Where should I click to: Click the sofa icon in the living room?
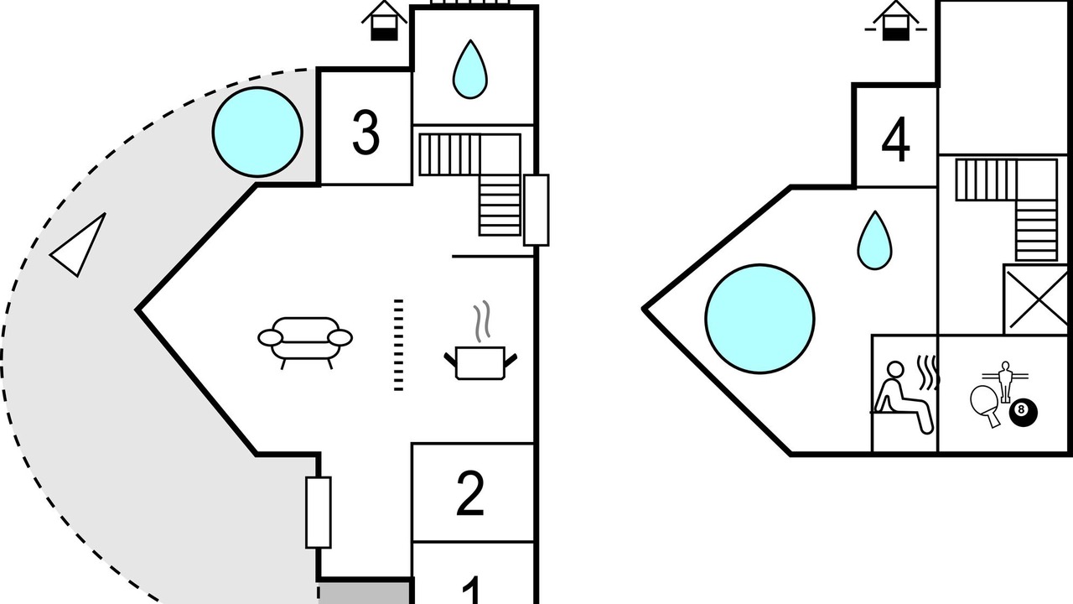pyautogui.click(x=305, y=342)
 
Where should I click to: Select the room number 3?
pyautogui.click(x=365, y=133)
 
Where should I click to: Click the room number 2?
pyautogui.click(x=470, y=493)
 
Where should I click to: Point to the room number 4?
pyautogui.click(x=895, y=139)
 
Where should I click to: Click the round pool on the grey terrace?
pyautogui.click(x=257, y=132)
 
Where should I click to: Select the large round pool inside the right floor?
pyautogui.click(x=759, y=318)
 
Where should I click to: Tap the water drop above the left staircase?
pyautogui.click(x=470, y=70)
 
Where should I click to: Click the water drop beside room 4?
pyautogui.click(x=874, y=240)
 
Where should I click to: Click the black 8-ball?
pyautogui.click(x=1024, y=412)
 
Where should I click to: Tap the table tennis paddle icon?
pyautogui.click(x=986, y=406)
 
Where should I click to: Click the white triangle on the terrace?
pyautogui.click(x=78, y=245)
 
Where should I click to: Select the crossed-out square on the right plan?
pyautogui.click(x=1037, y=299)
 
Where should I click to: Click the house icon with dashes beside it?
pyautogui.click(x=896, y=22)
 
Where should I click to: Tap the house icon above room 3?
pyautogui.click(x=384, y=22)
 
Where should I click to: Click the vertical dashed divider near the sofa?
pyautogui.click(x=398, y=345)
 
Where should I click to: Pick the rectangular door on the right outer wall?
pyautogui.click(x=536, y=211)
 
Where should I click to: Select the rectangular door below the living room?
pyautogui.click(x=319, y=513)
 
